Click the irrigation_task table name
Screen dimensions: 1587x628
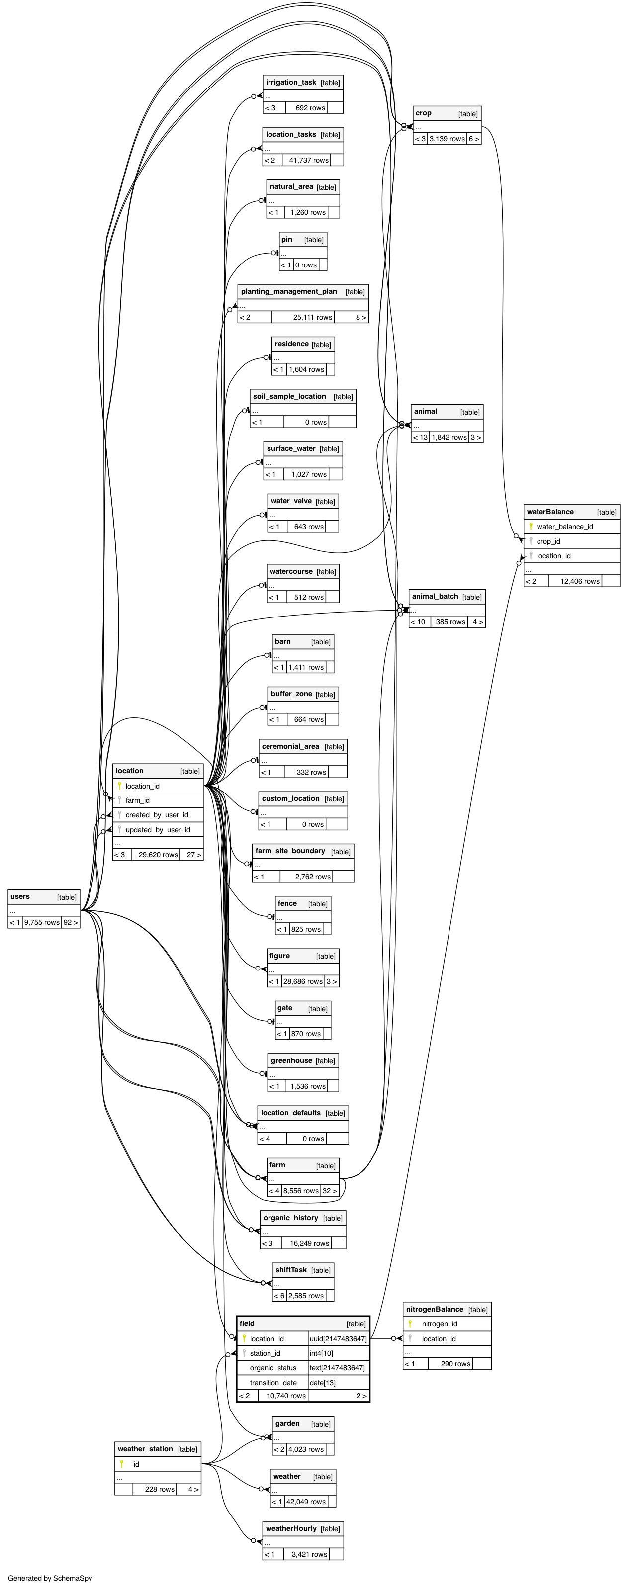click(x=291, y=83)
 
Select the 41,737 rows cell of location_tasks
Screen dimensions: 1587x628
click(x=309, y=160)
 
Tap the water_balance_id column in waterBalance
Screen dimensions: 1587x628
click(x=564, y=527)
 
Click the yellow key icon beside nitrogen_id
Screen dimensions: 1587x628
click(x=410, y=1324)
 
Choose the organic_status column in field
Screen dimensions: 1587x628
click(x=273, y=1368)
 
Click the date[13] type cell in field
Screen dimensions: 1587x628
click(x=322, y=1383)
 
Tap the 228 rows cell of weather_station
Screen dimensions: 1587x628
click(x=160, y=1489)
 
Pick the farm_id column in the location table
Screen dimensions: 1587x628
click(x=137, y=800)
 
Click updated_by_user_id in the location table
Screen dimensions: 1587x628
click(x=158, y=830)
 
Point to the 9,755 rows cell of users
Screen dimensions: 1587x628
click(x=42, y=922)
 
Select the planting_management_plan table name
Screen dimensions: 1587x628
click(x=289, y=292)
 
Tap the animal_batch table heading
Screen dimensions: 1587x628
click(x=435, y=596)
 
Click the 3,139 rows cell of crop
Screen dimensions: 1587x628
click(x=447, y=139)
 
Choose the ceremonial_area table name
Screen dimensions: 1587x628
click(x=290, y=747)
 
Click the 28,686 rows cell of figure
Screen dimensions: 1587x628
click(x=303, y=981)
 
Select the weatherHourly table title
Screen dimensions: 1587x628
click(x=291, y=1528)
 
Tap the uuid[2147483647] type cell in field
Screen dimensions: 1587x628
click(x=338, y=1339)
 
